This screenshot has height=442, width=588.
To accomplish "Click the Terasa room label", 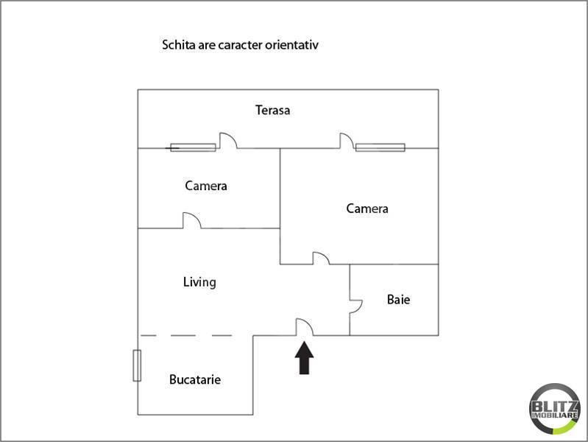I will pyautogui.click(x=272, y=110).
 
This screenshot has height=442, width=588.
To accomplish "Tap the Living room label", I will pyautogui.click(x=199, y=281).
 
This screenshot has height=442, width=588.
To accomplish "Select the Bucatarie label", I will pyautogui.click(x=195, y=379).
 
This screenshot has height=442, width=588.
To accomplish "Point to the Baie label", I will pyautogui.click(x=398, y=300).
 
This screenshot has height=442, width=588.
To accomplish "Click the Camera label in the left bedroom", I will pyautogui.click(x=206, y=186).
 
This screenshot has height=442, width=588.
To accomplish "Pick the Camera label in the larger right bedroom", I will pyautogui.click(x=367, y=208).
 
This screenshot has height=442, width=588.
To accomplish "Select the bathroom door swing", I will pyautogui.click(x=356, y=306).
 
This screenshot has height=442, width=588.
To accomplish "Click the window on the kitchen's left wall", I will pyautogui.click(x=137, y=365).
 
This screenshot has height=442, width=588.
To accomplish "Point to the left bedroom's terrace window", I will pyautogui.click(x=193, y=147).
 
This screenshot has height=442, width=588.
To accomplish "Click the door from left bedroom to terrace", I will pyautogui.click(x=227, y=141).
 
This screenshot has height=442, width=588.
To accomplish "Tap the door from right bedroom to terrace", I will pyautogui.click(x=347, y=141).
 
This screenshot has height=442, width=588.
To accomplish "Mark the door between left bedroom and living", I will pyautogui.click(x=191, y=221).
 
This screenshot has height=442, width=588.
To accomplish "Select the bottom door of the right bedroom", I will pyautogui.click(x=321, y=258).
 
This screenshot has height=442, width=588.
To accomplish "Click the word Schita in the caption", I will pyautogui.click(x=177, y=45).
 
